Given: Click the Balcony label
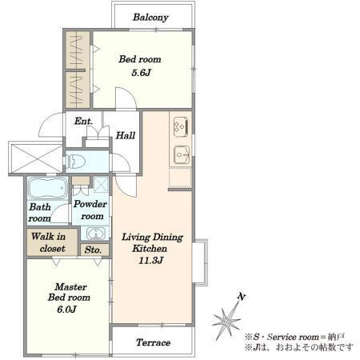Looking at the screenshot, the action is coord(150,18).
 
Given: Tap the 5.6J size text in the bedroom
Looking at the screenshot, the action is coord(141,73).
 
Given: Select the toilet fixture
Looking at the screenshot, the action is coord(75,162).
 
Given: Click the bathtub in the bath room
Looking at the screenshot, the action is coord(48,188).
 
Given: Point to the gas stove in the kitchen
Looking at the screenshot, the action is coord(181,127).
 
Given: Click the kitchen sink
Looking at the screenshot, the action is coord(182,154).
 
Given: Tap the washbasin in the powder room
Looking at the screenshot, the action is coord(94,234).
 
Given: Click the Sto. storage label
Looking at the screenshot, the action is coord(93,250).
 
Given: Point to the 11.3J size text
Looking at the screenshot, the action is coord(150,261).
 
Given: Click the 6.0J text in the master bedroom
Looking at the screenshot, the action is coord(66,310).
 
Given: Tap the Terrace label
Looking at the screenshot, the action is coord(153,342).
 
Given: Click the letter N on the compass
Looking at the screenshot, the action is coord(242,297).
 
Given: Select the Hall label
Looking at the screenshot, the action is coord(126,135).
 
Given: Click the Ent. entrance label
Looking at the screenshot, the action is coord(84,121).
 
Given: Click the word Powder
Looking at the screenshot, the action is coord(90,204).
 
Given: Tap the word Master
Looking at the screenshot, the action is coord(70,287).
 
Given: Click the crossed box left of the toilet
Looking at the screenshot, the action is coord(37,158).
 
